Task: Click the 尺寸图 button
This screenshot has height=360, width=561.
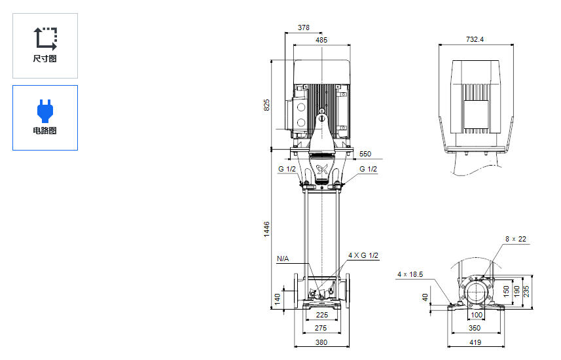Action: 45,45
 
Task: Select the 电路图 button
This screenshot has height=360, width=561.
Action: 45,117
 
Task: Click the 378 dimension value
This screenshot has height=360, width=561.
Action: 304,28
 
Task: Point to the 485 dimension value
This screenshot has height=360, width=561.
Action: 321,41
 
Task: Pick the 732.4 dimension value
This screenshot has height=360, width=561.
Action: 475,40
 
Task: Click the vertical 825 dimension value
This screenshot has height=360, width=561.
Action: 266,105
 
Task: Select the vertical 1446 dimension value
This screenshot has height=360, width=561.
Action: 266,229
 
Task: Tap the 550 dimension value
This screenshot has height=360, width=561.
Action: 365,154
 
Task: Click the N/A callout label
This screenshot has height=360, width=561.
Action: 283,259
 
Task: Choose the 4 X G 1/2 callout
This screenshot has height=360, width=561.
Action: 363,255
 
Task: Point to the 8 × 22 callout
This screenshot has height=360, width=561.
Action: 516,239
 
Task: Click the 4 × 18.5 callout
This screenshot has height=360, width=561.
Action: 410,274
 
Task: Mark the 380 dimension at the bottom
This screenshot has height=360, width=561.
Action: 321,342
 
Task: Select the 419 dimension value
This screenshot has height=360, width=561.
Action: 475,342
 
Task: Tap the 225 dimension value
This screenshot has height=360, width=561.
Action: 321,314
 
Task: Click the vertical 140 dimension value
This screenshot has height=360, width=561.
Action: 278,299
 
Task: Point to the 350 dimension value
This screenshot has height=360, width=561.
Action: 475,327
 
